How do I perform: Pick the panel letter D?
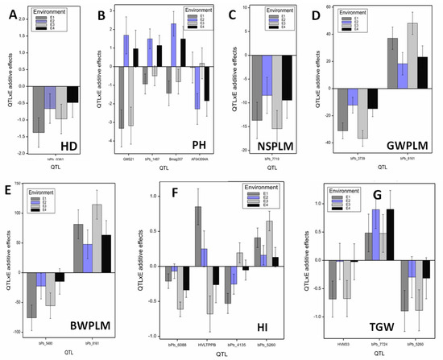(329, 16)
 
